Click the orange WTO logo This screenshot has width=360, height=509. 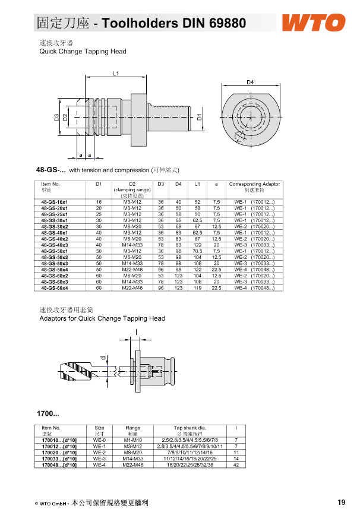coord(313,23)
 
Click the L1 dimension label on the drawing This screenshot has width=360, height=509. coord(116,73)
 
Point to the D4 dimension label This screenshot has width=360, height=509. coord(250,81)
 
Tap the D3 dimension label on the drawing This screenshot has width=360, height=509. coord(57,117)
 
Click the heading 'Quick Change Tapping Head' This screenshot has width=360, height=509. coord(83,52)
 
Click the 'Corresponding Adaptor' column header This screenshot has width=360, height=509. coord(254,184)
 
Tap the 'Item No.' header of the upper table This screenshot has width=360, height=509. coord(50,184)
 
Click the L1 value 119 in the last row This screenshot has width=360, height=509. coord(197,288)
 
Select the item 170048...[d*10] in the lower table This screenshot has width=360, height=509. coord(59,464)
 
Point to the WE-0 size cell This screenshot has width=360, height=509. coord(100,440)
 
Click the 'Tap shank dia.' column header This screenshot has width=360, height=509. coord(190,428)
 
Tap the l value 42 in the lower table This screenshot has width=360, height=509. coord(236,464)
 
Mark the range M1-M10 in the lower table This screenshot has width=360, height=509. coord(132,440)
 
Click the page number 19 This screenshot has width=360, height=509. coord(341,502)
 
